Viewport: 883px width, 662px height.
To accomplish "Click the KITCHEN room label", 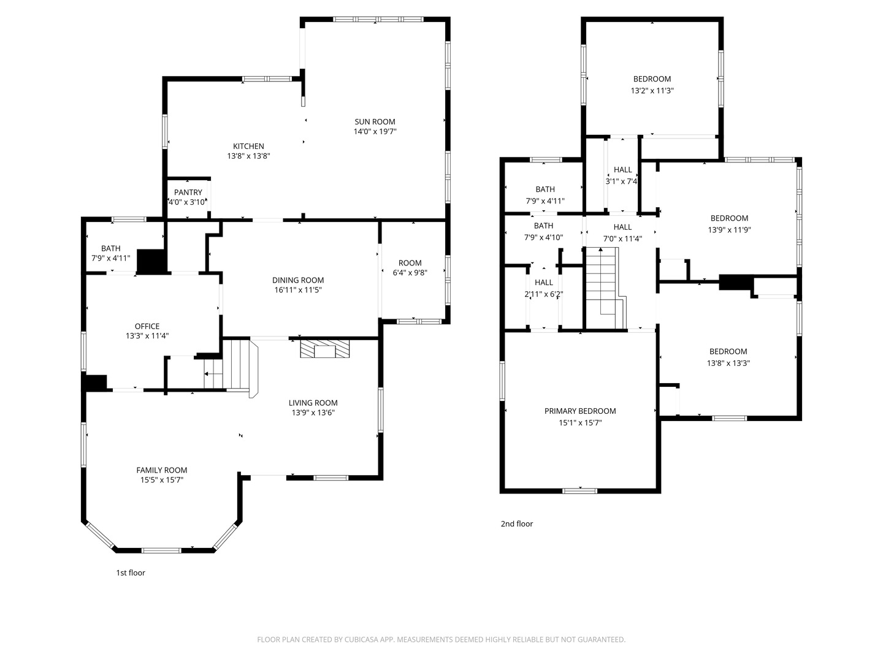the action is tap(248, 146).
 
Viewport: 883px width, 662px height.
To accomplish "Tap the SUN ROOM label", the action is tap(375, 122).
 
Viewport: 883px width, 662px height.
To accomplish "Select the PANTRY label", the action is tap(188, 192).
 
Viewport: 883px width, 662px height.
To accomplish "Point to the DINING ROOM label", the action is tap(297, 280).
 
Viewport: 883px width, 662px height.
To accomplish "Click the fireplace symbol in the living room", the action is tap(324, 349).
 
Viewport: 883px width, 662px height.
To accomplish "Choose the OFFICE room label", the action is tap(147, 326).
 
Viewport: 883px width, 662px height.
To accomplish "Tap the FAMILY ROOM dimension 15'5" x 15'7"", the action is tap(161, 480).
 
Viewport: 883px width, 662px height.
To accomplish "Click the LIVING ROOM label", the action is tap(313, 403).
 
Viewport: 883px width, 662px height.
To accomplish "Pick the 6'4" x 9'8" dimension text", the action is tap(410, 273).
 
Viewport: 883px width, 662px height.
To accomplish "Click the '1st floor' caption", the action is tap(131, 573).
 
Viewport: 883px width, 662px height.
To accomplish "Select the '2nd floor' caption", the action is tap(516, 523).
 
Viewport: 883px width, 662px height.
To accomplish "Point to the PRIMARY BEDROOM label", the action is tap(579, 411).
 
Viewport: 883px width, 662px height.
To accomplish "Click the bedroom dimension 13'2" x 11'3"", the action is tap(652, 91).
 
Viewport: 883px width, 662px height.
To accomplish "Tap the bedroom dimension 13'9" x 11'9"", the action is tap(729, 230).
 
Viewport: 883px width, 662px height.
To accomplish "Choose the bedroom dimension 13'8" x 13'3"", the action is tap(728, 363).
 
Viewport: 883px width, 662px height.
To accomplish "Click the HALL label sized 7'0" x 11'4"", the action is tap(622, 227).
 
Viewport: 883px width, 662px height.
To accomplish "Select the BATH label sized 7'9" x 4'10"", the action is tap(543, 226).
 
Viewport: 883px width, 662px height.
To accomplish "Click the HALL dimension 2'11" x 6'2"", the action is tap(543, 294).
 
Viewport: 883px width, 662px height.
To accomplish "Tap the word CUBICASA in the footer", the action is tap(361, 639).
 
